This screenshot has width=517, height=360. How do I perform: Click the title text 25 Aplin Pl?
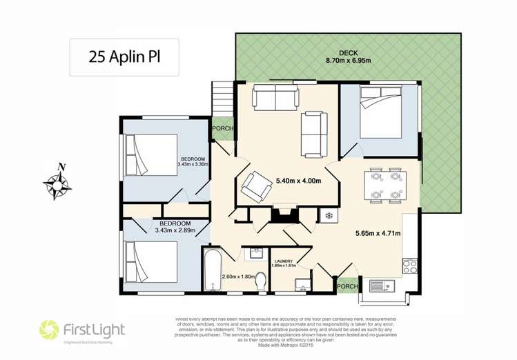coord(124,57)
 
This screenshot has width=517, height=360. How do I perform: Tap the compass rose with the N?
coord(58,183)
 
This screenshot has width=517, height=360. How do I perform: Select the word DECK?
coord(347,53)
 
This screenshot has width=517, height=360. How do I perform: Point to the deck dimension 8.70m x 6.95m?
coord(347,61)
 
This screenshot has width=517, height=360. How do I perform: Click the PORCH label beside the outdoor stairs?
coord(223,128)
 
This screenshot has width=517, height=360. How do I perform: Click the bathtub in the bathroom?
coord(213,270)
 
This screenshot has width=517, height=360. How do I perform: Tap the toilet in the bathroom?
coord(261,281)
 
